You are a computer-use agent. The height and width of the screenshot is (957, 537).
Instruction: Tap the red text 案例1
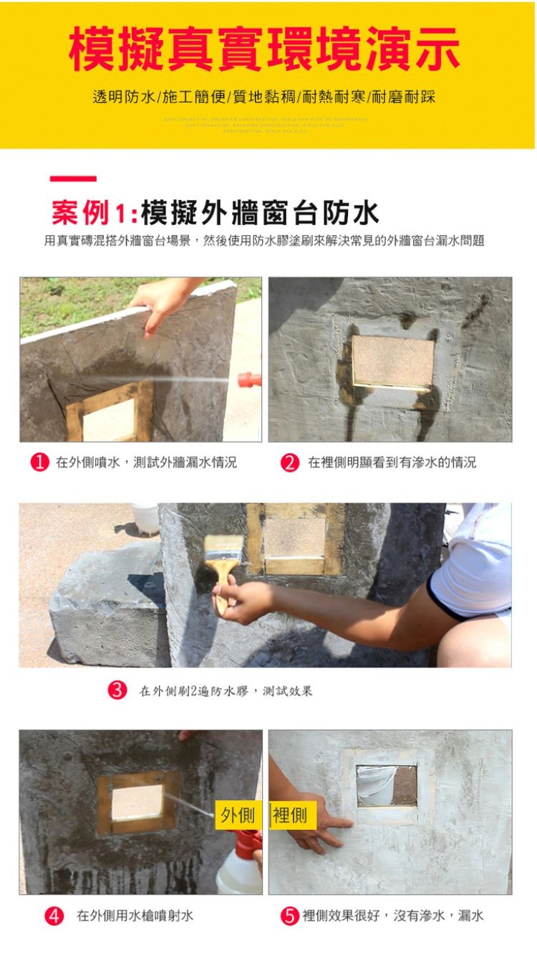(x=89, y=213)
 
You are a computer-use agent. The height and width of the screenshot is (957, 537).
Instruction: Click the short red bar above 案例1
(x=73, y=178)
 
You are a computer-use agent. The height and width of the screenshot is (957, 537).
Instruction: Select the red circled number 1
(x=39, y=462)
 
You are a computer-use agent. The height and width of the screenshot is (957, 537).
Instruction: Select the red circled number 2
(x=289, y=462)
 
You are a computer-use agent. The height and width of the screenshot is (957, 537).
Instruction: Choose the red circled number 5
(x=289, y=915)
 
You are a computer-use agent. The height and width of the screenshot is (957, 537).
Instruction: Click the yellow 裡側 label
(x=290, y=815)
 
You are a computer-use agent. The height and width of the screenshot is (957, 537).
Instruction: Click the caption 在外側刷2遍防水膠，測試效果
(x=226, y=691)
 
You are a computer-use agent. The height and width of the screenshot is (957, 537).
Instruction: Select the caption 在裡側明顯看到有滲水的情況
(x=392, y=462)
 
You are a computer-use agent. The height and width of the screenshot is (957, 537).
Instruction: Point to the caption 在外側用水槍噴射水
(x=135, y=915)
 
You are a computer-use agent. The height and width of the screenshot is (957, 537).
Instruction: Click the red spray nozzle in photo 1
(x=250, y=379)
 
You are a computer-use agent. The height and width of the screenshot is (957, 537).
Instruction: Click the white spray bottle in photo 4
(x=239, y=867)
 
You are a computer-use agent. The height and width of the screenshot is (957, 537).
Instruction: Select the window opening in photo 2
(x=393, y=361)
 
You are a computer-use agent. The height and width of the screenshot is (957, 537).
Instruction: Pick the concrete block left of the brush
(x=107, y=602)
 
